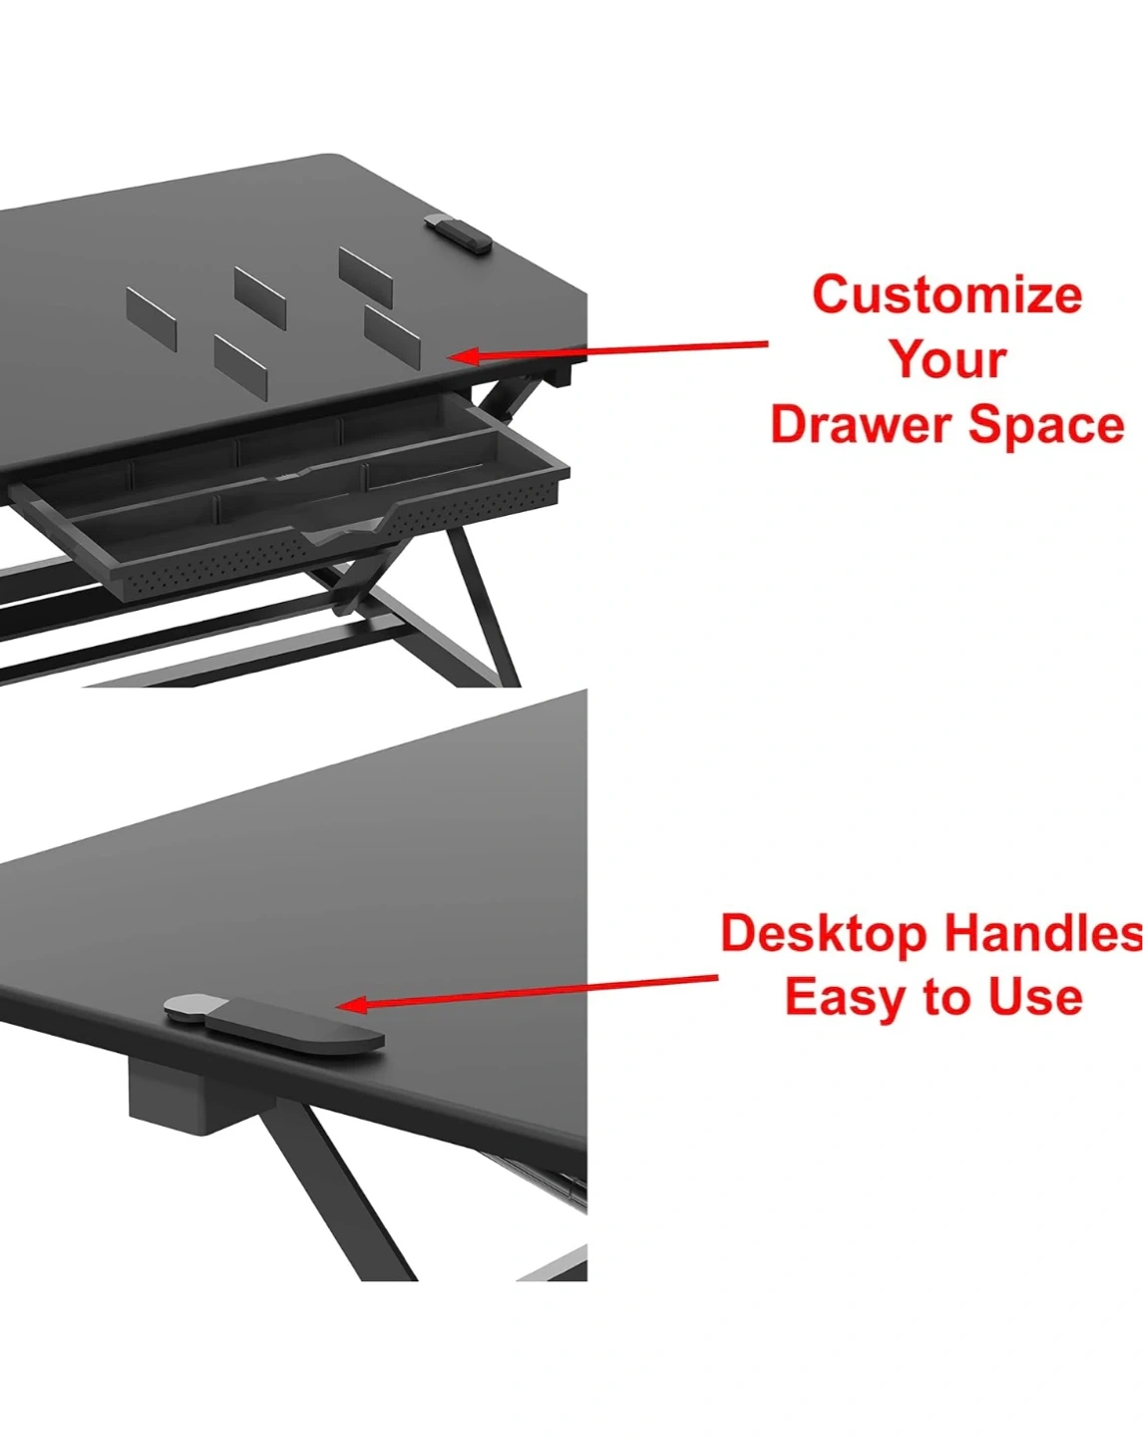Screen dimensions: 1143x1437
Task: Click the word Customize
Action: pos(947,294)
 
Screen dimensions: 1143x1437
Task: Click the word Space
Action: pos(1046,425)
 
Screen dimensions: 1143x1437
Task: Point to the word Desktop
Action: pos(824,933)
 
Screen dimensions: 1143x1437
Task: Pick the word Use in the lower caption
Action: pos(1035,997)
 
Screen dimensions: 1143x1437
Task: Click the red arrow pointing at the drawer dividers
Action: pos(608,350)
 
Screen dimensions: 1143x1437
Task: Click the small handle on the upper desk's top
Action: pos(458,233)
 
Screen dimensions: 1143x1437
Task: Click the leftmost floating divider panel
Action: pos(152,319)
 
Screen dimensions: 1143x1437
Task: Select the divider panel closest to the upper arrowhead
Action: pos(392,335)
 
